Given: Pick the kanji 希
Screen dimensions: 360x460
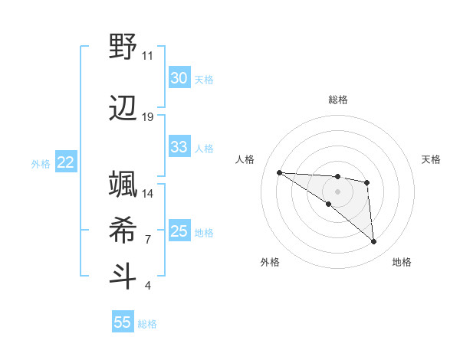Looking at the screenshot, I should (123, 229).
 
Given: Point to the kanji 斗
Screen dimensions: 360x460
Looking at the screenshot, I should (123, 276).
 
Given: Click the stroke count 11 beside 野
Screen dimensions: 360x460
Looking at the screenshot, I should (148, 56).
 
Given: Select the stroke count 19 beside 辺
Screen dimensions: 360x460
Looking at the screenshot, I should (148, 117).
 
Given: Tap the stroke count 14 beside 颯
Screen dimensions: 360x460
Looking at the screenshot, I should (148, 194).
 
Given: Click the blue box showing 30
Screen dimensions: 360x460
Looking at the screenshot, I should (179, 78).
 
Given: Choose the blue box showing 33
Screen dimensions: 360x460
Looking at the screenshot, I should (179, 147).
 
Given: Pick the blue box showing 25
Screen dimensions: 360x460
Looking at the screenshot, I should (179, 231).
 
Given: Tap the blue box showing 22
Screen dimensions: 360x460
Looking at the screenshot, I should (66, 162).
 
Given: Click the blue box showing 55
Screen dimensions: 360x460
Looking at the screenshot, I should (123, 322).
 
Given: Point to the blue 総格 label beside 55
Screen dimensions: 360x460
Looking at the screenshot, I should (147, 324).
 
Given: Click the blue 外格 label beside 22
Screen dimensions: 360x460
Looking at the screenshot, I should (41, 164).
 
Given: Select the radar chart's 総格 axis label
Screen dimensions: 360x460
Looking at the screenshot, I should (337, 100).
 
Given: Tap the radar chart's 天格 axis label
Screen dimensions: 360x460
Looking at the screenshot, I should (431, 159).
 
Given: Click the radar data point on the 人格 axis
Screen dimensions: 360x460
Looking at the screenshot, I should (279, 172).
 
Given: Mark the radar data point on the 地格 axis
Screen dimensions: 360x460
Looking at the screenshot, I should (373, 242).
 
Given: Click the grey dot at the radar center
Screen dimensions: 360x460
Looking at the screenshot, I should (337, 191).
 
